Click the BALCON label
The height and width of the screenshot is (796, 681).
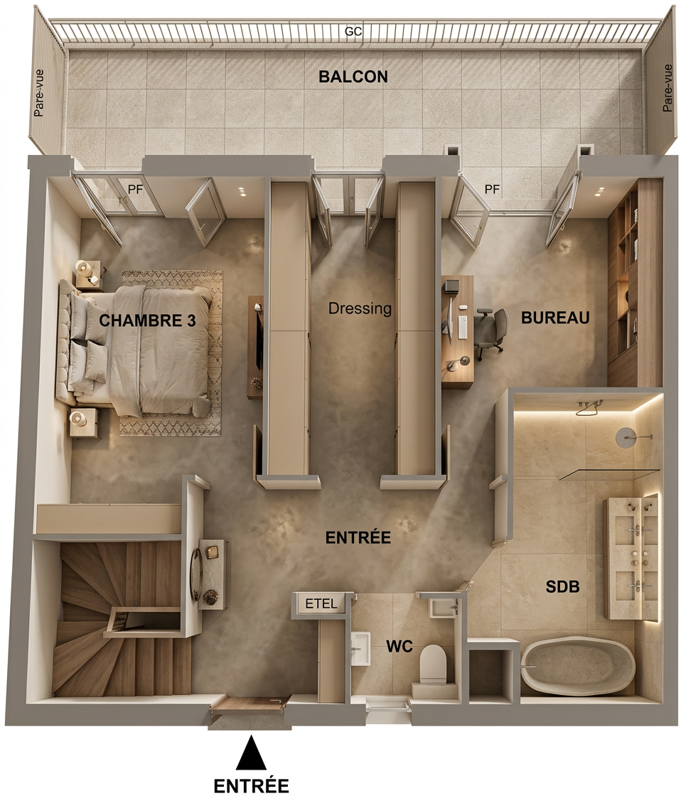pyautogui.click(x=353, y=77)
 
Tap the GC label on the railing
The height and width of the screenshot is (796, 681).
pyautogui.click(x=353, y=31)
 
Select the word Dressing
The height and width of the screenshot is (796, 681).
pyautogui.click(x=360, y=308)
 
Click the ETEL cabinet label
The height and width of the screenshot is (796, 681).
pyautogui.click(x=321, y=603)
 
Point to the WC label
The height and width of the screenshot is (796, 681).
pyautogui.click(x=400, y=647)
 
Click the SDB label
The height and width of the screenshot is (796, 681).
pyautogui.click(x=562, y=587)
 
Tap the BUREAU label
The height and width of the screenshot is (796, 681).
pyautogui.click(x=555, y=318)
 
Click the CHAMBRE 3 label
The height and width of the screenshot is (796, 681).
pyautogui.click(x=147, y=321)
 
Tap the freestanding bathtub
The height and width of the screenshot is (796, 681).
pyautogui.click(x=577, y=666)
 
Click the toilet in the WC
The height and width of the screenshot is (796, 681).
pyautogui.click(x=433, y=665)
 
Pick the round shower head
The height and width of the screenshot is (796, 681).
pyautogui.click(x=625, y=437)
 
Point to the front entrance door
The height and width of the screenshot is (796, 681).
pyautogui.click(x=249, y=704)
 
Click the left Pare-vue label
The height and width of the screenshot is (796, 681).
pyautogui.click(x=38, y=93)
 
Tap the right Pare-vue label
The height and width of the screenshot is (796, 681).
pyautogui.click(x=667, y=88)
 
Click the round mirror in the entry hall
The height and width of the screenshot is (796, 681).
pyautogui.click(x=195, y=575)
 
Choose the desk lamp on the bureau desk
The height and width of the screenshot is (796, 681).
pyautogui.click(x=457, y=362)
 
